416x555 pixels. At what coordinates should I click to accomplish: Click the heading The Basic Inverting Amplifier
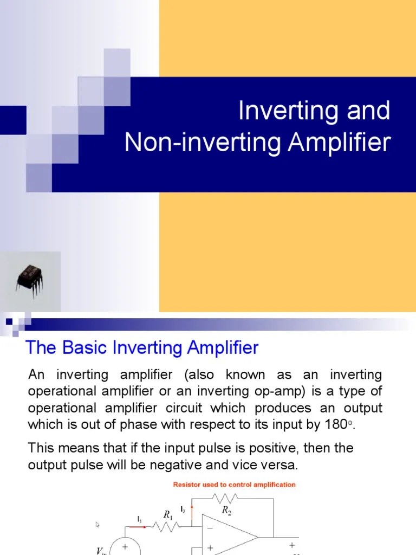tap(142, 347)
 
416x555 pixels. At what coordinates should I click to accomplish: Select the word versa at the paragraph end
tap(276, 466)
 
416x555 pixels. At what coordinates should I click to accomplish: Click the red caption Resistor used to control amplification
tap(234, 485)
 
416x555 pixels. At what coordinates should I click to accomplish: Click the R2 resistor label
tap(226, 511)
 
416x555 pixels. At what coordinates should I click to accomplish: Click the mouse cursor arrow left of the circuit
tap(98, 525)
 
